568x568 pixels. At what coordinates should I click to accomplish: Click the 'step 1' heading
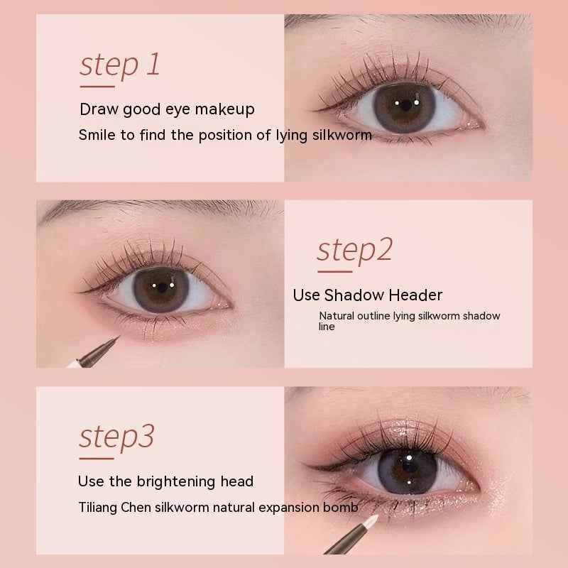[119, 65]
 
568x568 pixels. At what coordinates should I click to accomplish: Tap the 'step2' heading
[354, 250]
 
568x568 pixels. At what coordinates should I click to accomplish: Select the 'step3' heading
[116, 436]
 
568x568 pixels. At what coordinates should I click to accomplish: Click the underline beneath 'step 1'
[97, 87]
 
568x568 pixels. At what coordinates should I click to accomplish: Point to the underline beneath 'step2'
[334, 271]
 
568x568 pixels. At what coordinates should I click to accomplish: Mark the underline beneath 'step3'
[97, 458]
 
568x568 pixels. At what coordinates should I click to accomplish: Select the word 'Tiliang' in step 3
[99, 508]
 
